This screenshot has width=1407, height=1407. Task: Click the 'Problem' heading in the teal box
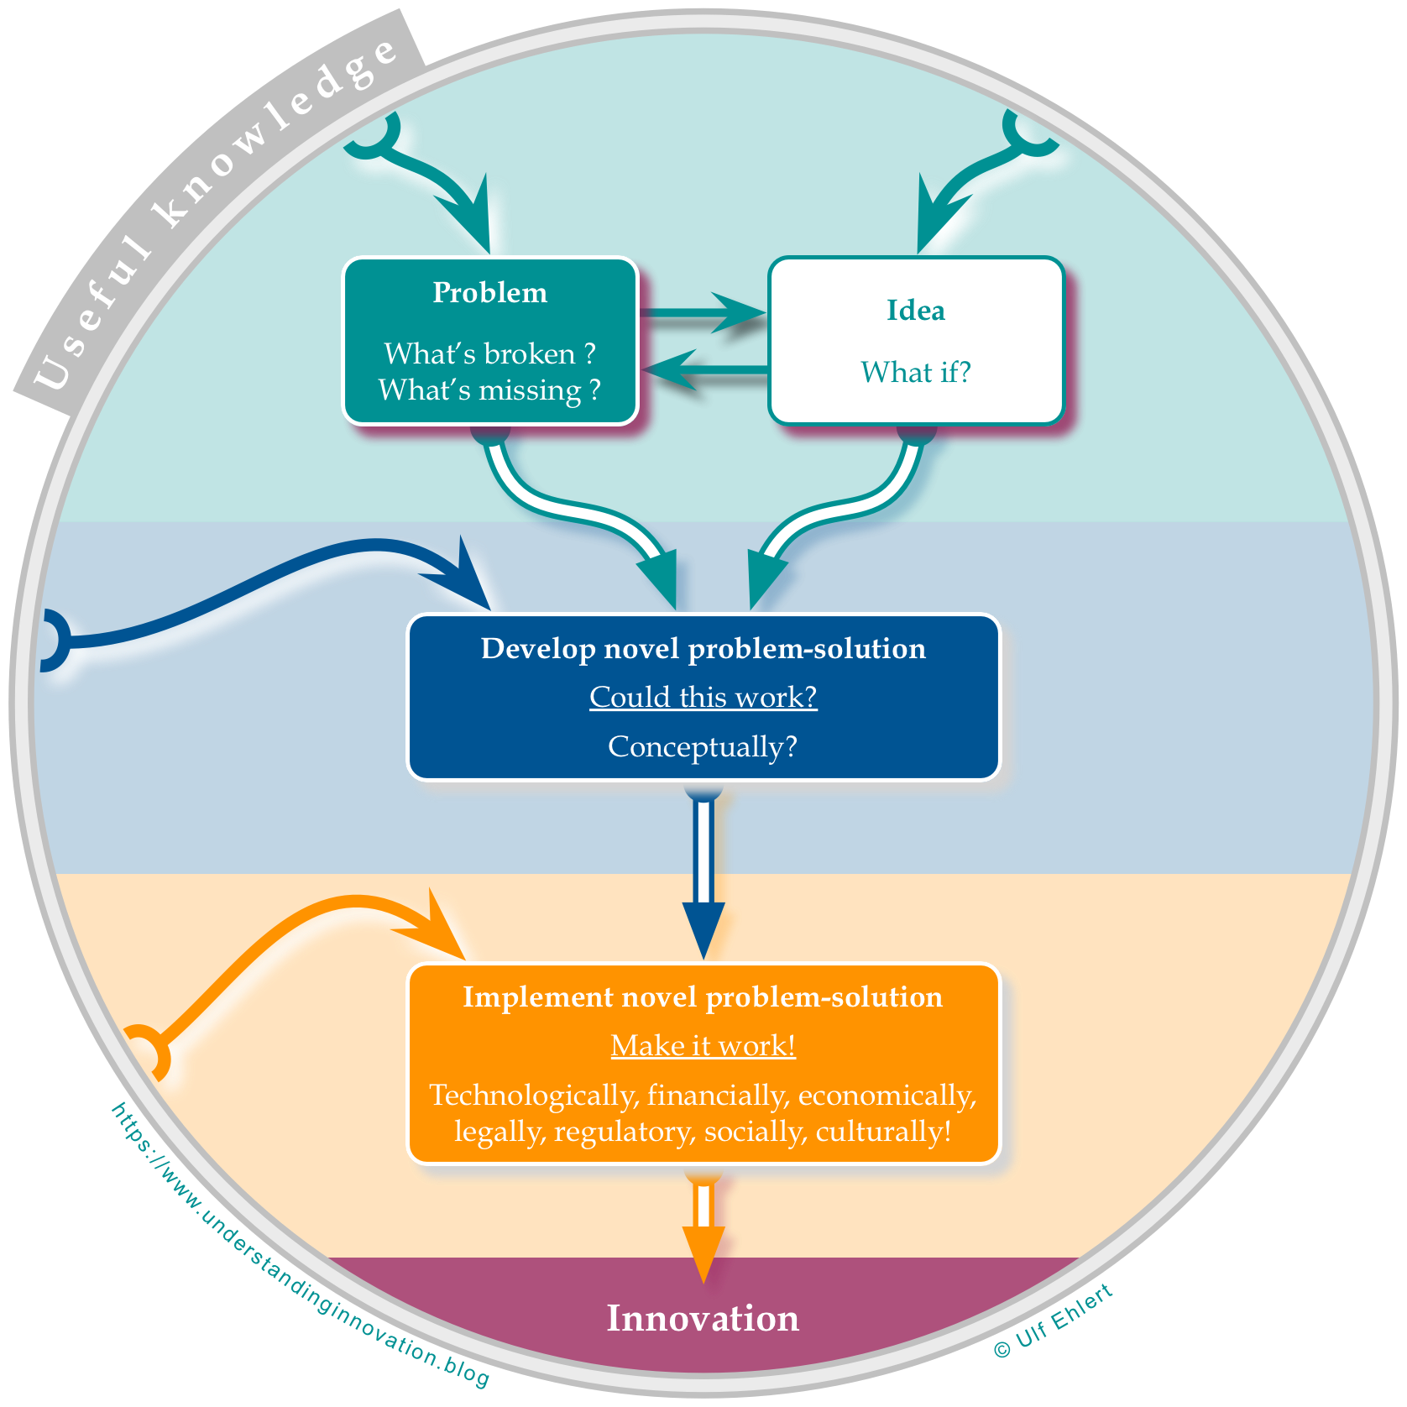point(489,293)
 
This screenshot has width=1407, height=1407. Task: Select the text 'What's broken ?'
point(489,354)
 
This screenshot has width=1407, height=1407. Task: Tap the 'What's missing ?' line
point(489,390)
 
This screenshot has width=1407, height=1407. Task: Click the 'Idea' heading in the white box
point(916,311)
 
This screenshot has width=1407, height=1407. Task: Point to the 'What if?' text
point(916,372)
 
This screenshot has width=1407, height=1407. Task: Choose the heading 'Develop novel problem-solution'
point(703,649)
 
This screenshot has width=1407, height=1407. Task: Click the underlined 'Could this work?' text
point(703,697)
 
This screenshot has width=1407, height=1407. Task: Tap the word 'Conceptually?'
point(703,746)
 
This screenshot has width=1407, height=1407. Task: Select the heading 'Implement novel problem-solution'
point(703,997)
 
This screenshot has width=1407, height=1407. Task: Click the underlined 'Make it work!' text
point(703,1046)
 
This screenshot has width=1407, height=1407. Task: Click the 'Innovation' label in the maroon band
point(703,1319)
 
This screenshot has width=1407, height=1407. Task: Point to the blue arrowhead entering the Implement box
point(703,928)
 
